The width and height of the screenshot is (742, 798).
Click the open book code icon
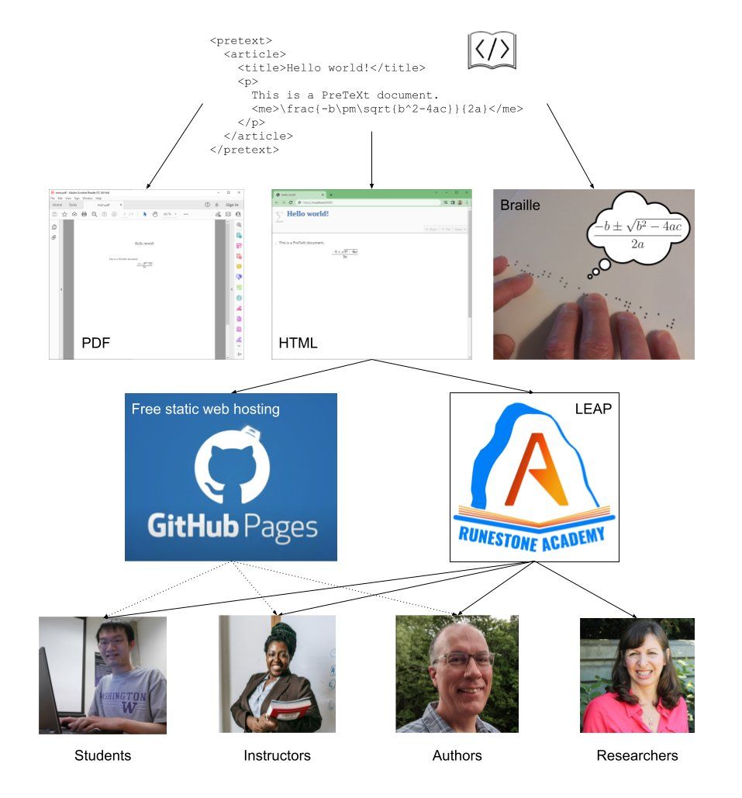click(492, 50)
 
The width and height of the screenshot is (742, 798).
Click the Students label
click(102, 755)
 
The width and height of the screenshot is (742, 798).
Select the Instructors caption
click(277, 755)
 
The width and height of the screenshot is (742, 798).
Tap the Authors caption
click(457, 755)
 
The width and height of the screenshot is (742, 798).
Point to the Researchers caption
click(637, 755)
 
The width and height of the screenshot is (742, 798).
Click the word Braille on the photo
click(520, 206)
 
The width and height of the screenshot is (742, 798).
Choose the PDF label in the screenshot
click(96, 342)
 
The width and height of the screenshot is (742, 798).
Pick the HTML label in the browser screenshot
click(298, 342)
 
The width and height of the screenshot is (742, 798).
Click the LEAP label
click(592, 409)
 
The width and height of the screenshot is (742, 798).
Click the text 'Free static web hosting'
click(205, 409)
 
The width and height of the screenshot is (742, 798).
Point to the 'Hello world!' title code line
click(332, 67)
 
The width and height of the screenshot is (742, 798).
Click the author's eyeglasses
click(463, 660)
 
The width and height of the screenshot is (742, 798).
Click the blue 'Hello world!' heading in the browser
click(308, 213)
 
